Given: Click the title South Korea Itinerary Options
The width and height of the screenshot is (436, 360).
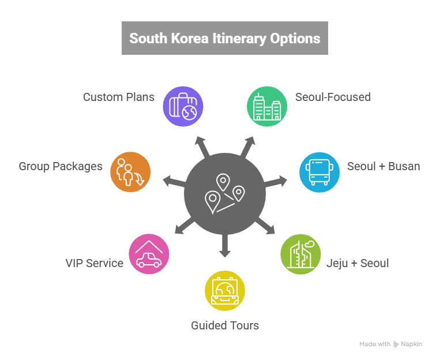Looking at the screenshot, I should [x=224, y=39].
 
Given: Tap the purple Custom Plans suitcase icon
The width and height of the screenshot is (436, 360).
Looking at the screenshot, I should [x=183, y=106].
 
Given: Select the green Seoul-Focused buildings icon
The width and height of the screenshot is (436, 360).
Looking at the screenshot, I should [x=266, y=106].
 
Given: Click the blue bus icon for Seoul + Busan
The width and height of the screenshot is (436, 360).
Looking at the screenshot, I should [x=319, y=171].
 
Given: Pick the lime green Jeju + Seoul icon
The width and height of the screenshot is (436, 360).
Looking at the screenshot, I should [x=300, y=254].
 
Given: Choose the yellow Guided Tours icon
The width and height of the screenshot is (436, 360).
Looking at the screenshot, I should [x=225, y=290].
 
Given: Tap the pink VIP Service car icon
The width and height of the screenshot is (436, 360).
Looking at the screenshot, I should [x=149, y=254].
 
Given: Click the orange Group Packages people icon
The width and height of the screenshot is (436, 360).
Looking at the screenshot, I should [x=130, y=171].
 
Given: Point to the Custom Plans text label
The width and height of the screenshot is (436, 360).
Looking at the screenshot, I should [x=118, y=97].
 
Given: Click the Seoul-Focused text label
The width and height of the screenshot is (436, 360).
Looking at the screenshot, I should [x=333, y=97].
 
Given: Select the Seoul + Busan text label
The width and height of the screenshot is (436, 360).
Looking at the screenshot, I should [x=383, y=167].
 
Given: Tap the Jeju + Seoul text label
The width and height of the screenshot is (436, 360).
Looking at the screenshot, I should [x=358, y=264].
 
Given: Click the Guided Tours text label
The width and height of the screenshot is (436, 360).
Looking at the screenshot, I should [x=225, y=325].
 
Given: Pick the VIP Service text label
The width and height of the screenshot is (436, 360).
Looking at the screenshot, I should [x=94, y=264].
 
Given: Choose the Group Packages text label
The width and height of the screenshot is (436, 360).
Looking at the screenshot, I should [x=61, y=167].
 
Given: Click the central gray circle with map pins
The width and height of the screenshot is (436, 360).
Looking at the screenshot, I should [x=225, y=193].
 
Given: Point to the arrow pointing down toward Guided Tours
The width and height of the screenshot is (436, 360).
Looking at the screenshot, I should [x=225, y=247].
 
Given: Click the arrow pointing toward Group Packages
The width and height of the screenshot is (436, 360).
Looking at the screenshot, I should [x=172, y=182].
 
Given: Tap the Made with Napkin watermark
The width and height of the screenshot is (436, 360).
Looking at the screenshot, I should [x=390, y=344].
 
